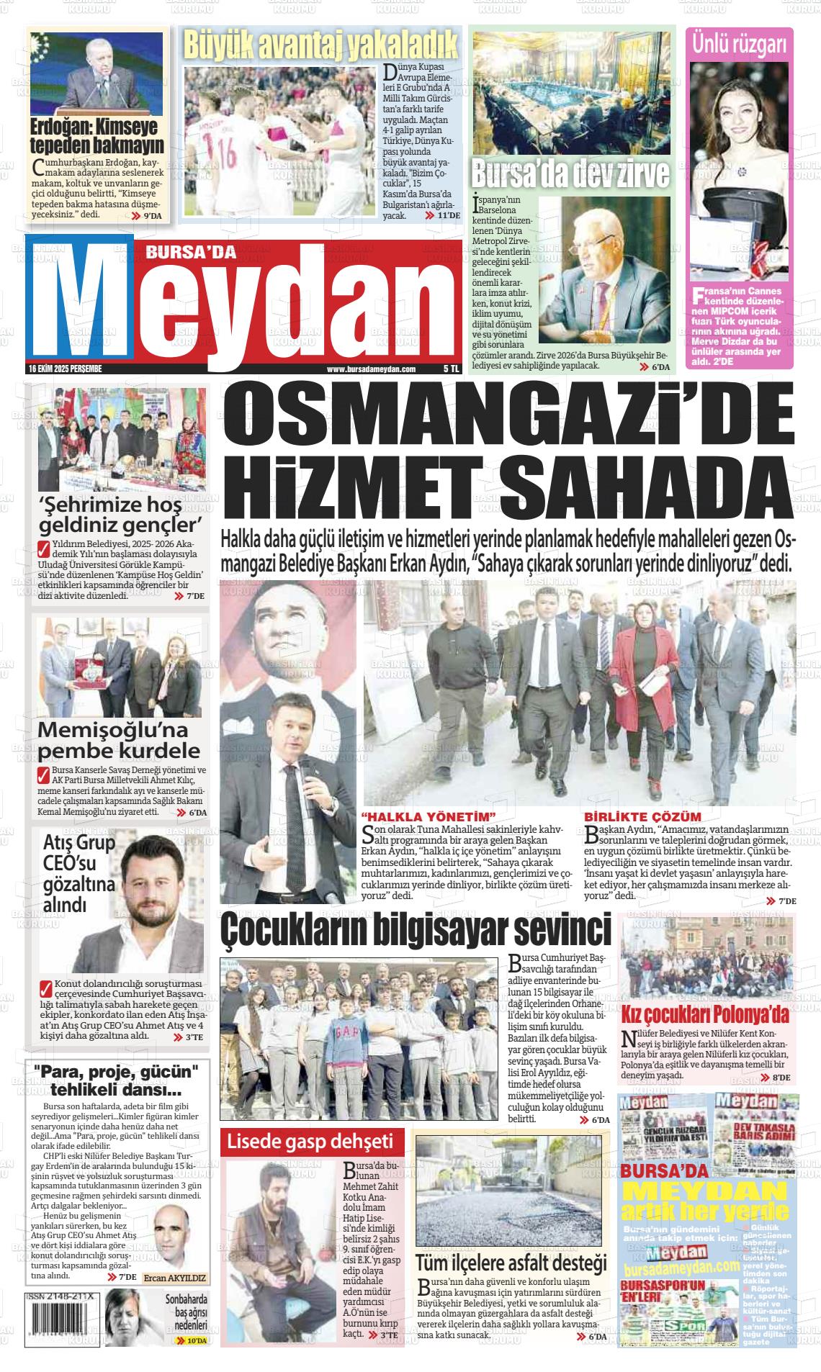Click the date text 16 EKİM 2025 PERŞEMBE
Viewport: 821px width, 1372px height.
(65, 369)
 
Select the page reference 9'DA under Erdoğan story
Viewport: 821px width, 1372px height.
(151, 216)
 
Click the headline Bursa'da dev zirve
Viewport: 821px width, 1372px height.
(570, 173)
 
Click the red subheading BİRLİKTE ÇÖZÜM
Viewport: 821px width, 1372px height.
(632, 816)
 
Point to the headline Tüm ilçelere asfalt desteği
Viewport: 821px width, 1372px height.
(511, 1262)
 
